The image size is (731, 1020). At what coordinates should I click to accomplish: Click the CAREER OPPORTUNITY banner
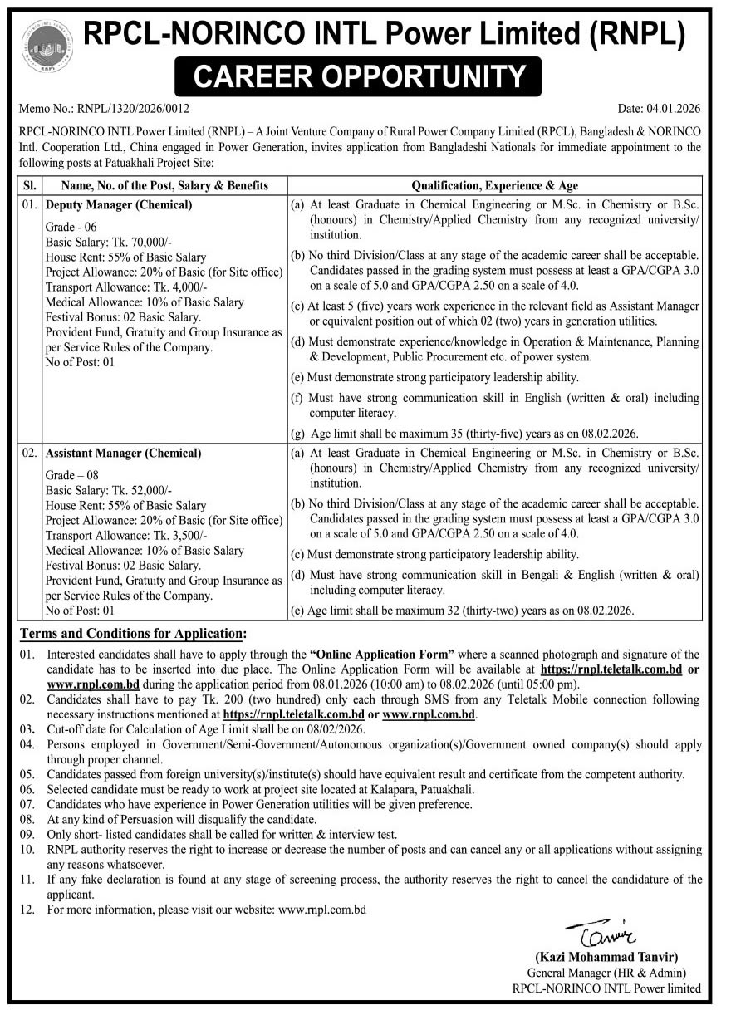[x=359, y=76]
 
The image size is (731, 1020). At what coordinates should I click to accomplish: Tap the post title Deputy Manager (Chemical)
[x=119, y=204]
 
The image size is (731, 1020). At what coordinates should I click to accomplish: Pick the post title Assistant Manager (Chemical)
[x=123, y=454]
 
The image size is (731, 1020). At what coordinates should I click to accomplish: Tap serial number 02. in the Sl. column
[x=29, y=454]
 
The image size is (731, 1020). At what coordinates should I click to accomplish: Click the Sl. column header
[x=29, y=185]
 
